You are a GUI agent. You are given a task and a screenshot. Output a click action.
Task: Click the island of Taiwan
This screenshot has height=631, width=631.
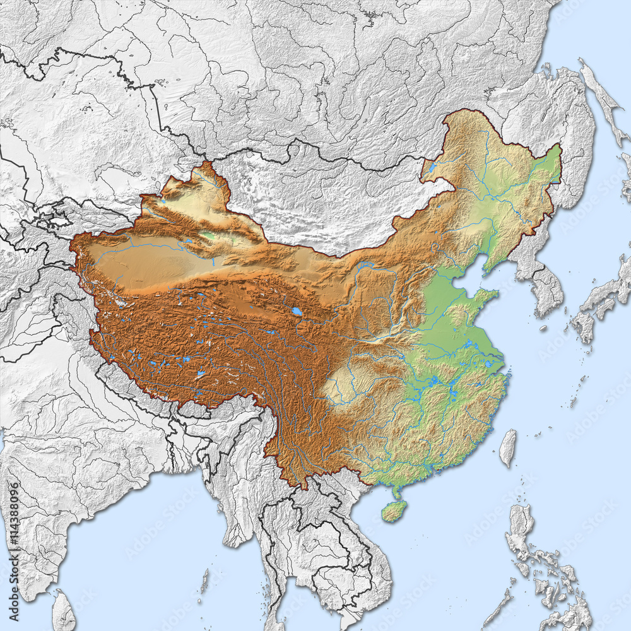pos(508,447)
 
